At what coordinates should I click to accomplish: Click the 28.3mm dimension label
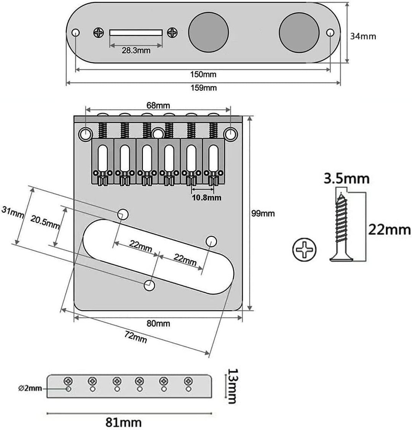pyautogui.click(x=136, y=50)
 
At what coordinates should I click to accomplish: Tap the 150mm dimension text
pyautogui.click(x=203, y=74)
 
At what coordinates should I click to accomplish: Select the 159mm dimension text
pyautogui.click(x=203, y=88)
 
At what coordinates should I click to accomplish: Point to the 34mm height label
pyautogui.click(x=362, y=36)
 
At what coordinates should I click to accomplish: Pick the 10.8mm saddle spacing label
pyautogui.click(x=206, y=198)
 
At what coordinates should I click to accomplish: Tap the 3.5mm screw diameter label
pyautogui.click(x=347, y=178)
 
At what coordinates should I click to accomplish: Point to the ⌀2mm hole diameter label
pyautogui.click(x=30, y=389)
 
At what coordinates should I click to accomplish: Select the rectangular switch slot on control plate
pyautogui.click(x=136, y=32)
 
